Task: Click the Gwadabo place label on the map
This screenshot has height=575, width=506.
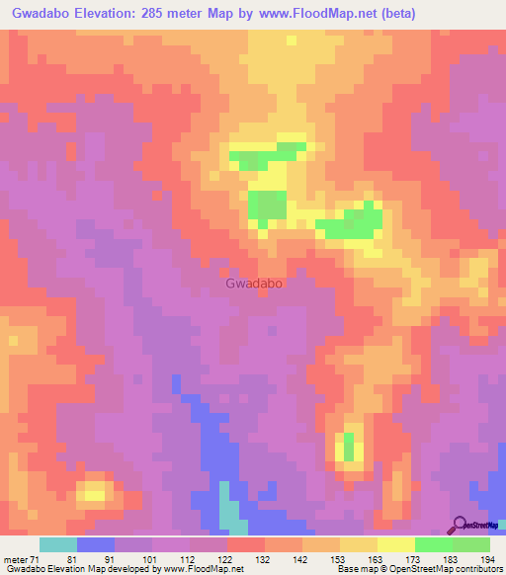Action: (x=255, y=284)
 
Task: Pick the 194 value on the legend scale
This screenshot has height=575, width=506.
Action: (x=486, y=560)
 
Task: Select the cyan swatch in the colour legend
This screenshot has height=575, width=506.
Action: (x=57, y=544)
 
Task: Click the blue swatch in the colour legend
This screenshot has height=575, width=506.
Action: (x=95, y=544)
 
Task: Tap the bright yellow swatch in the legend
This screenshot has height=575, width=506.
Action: (x=395, y=544)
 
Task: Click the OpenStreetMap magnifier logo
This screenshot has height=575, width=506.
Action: (x=461, y=525)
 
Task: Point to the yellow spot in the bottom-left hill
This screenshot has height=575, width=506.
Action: (x=95, y=491)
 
